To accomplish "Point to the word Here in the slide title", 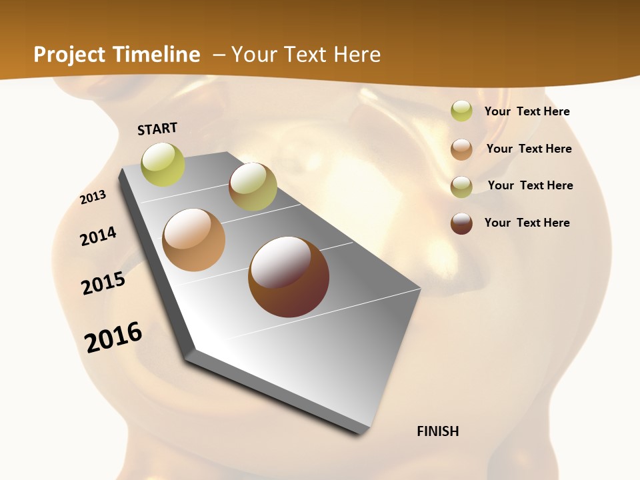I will [357, 55].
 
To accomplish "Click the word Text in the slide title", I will [309, 55].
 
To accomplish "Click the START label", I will [157, 129].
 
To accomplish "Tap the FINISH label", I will [438, 431].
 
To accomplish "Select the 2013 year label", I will [93, 197].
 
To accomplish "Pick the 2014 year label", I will [99, 236].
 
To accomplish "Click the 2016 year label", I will [113, 337].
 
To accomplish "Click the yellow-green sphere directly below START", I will [163, 164].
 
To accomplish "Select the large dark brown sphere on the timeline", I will [289, 277].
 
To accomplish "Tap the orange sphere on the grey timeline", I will [194, 240].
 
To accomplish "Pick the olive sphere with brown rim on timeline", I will [253, 187].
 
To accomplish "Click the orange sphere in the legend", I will [461, 149].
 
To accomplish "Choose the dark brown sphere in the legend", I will [461, 223].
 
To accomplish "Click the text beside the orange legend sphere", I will [529, 149].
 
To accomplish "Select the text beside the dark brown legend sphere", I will [527, 223].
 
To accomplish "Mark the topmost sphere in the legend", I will [461, 111].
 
